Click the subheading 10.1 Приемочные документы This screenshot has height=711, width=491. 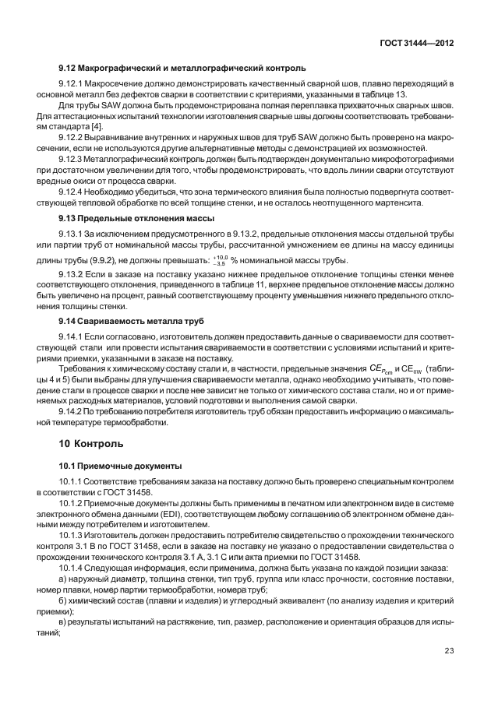point(121,466)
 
